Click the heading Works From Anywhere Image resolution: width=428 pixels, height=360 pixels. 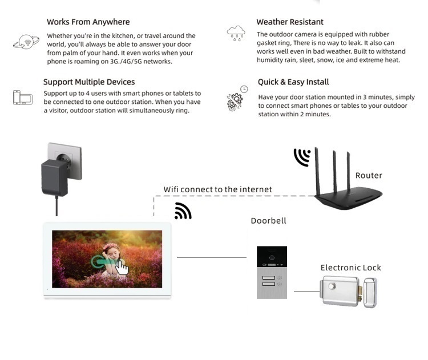point(88,22)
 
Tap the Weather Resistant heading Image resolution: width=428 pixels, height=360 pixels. point(290,22)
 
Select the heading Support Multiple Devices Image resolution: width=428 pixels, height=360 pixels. point(89,82)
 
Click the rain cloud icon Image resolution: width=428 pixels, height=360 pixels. point(236,33)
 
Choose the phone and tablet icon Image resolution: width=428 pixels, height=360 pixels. point(23,98)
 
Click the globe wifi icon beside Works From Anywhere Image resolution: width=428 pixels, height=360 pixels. point(26,42)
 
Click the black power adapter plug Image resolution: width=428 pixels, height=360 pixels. point(55,177)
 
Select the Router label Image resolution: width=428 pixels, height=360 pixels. point(369,176)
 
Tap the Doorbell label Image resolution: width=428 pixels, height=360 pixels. point(268,221)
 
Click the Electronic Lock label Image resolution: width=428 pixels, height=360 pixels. point(350,268)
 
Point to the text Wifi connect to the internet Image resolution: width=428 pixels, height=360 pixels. point(217,189)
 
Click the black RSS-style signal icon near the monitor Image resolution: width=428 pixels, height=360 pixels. point(183,211)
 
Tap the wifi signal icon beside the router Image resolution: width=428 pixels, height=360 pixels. point(302,157)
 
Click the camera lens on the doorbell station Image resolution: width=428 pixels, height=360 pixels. point(272,252)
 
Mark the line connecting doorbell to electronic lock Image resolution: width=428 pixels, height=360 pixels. point(306,292)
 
